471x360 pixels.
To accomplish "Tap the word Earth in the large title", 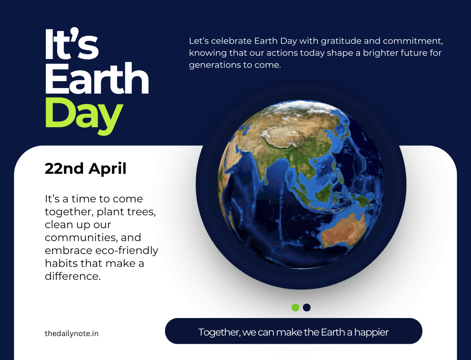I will [96, 79].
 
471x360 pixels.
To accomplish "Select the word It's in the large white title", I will [72, 45].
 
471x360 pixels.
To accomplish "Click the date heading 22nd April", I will [85, 169].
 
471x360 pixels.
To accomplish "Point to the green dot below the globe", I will [295, 307].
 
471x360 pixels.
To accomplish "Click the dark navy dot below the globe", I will [307, 307].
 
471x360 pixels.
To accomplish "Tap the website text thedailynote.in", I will [72, 333].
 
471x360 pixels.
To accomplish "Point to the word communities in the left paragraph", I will [77, 238].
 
